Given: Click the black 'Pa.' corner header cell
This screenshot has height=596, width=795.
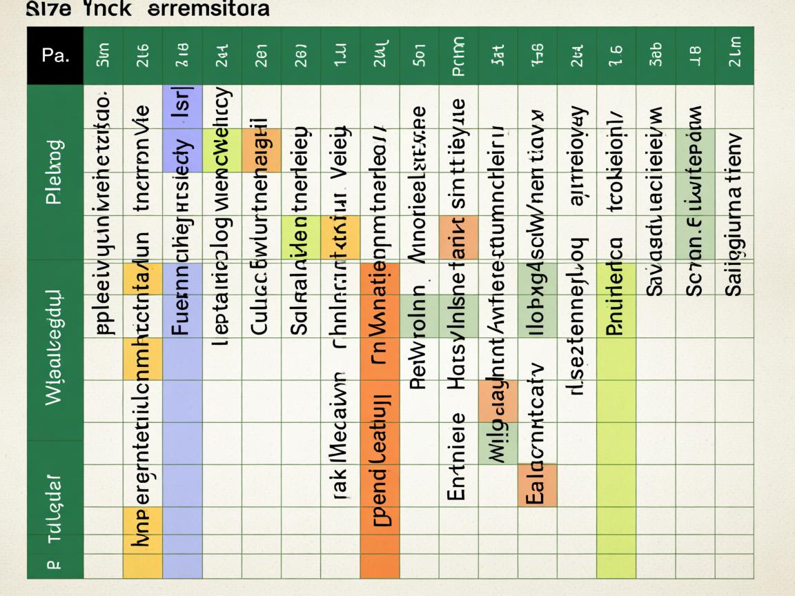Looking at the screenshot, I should [55, 56].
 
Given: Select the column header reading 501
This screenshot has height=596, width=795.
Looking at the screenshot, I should [419, 57].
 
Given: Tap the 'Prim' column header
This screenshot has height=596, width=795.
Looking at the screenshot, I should [459, 57].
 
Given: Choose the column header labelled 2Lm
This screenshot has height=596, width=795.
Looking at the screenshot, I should [734, 57].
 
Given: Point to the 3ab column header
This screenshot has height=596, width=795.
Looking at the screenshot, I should [656, 57].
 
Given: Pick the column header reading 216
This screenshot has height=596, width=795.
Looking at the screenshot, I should [144, 57].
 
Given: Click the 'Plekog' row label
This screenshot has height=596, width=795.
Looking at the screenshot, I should [55, 172].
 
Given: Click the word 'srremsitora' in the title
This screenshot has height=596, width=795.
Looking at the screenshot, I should [206, 10].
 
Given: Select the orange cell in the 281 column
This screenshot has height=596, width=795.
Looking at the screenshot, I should [262, 150].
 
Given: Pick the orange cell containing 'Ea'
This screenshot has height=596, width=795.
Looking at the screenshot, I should [537, 485].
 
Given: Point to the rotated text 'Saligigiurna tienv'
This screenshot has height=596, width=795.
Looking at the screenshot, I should [734, 214].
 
